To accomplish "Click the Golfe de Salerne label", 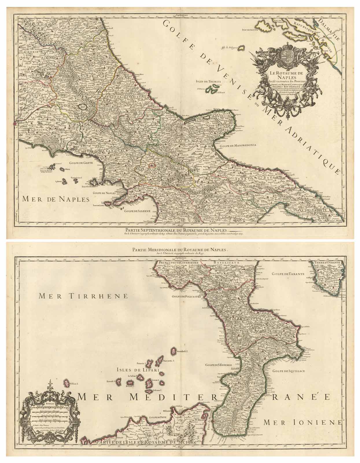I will pyautogui.click(x=138, y=211).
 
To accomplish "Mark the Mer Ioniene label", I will pyautogui.click(x=303, y=422).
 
